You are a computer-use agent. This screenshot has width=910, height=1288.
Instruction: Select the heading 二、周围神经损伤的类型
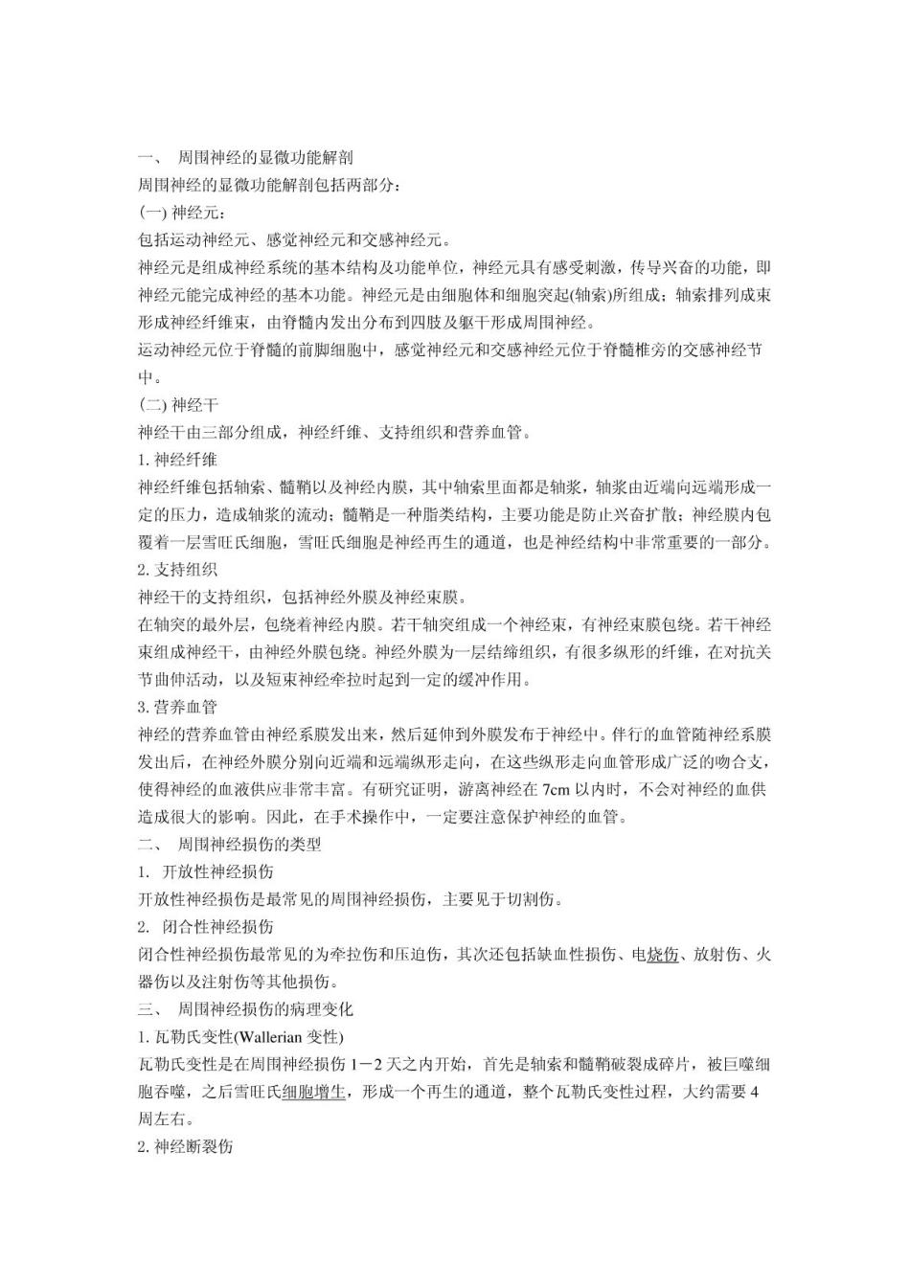point(230,845)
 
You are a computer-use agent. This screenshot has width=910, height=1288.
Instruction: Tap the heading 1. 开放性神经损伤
point(206,871)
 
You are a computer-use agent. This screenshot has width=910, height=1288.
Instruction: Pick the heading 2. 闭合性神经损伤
point(206,927)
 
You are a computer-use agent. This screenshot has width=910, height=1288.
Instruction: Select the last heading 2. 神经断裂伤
point(186,1146)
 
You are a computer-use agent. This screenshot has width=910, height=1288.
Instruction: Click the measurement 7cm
point(556,790)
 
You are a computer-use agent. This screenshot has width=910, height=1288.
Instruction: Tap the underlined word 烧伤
point(663,955)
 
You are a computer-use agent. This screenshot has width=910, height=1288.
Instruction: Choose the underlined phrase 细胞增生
point(314,1092)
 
